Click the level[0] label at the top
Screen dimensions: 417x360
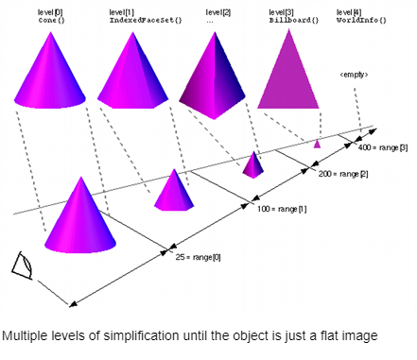tap(50, 12)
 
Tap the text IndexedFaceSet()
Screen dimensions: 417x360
tap(146, 21)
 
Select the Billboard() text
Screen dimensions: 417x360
tap(294, 21)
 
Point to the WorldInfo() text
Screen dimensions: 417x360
tap(361, 21)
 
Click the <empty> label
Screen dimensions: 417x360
tap(354, 75)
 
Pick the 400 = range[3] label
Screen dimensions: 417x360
tap(383, 147)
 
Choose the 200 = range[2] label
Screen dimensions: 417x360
tap(343, 174)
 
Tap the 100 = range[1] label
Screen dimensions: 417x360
tap(282, 209)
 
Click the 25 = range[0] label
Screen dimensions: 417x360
tap(198, 257)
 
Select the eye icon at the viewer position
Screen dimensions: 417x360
tap(23, 266)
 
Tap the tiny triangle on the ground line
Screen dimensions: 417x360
tap(317, 145)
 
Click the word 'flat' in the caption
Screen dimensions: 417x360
tap(329, 335)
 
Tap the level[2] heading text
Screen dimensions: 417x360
tap(218, 12)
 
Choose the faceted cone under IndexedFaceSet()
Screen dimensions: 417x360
tap(133, 71)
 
